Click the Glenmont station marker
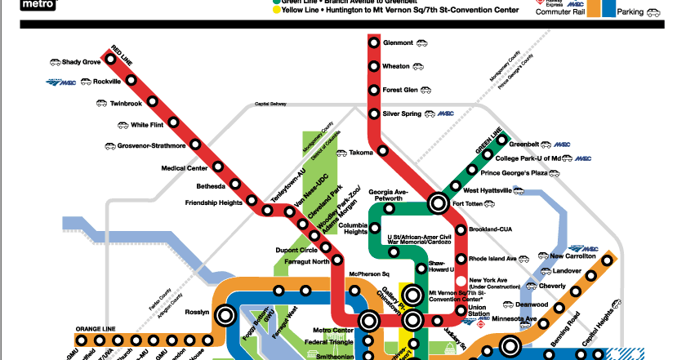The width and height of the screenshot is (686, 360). click(373, 43)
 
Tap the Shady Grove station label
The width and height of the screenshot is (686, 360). click(81, 62)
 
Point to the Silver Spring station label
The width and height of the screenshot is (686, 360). click(402, 113)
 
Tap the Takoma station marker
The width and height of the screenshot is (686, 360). click(381, 152)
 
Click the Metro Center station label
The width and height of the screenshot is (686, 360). click(333, 331)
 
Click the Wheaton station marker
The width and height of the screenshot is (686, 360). click(373, 67)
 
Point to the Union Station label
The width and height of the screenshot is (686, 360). click(479, 310)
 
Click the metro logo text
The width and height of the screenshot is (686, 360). click(17, 4)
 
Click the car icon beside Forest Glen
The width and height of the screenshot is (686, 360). click(429, 90)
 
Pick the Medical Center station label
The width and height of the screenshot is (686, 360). click(185, 168)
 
